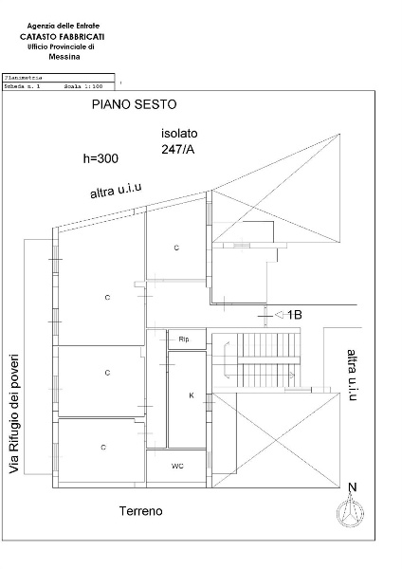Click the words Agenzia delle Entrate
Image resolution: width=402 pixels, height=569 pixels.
pyautogui.click(x=63, y=25)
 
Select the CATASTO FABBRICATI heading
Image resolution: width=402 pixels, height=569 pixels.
pyautogui.click(x=63, y=36)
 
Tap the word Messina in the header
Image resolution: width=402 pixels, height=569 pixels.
pyautogui.click(x=64, y=57)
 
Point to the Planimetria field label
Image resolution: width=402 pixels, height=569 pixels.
pyautogui.click(x=22, y=78)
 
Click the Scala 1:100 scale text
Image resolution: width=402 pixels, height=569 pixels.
pyautogui.click(x=82, y=85)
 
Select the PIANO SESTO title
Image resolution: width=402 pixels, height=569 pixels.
pyautogui.click(x=134, y=103)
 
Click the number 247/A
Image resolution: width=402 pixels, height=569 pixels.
pyautogui.click(x=179, y=150)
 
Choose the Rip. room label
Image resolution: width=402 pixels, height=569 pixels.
pyautogui.click(x=185, y=339)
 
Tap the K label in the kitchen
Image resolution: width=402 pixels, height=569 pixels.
pyautogui.click(x=191, y=395)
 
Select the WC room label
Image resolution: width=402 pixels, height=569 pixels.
pyautogui.click(x=177, y=467)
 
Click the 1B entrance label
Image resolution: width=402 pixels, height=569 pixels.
pyautogui.click(x=295, y=314)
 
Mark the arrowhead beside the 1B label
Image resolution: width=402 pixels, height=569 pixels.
pyautogui.click(x=279, y=314)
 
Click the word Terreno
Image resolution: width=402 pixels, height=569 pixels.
pyautogui.click(x=141, y=511)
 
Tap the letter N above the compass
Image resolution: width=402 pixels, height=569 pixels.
pyautogui.click(x=352, y=488)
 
